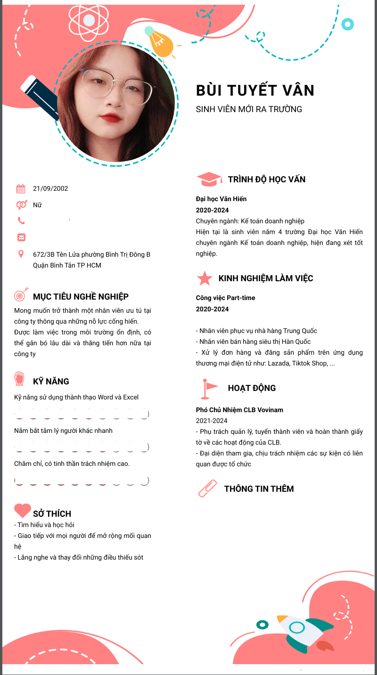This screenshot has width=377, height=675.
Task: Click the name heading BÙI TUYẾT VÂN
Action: pos(255,90)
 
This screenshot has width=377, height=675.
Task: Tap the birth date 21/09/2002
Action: pos(50,188)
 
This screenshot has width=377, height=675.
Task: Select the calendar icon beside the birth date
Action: pos(21,189)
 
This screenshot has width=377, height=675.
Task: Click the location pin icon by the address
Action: pos(21,254)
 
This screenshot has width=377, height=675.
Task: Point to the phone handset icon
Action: pos(21,220)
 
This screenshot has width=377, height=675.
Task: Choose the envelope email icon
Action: pos(21,237)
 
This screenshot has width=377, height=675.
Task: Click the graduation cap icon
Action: pos(209,179)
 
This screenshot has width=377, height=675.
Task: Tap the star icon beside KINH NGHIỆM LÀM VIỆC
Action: pos(205,278)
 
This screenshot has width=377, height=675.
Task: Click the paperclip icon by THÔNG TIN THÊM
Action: pos(207,488)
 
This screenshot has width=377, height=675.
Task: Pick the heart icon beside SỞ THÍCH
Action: pos(22,510)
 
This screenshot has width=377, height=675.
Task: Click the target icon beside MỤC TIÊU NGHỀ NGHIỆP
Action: pos(21,295)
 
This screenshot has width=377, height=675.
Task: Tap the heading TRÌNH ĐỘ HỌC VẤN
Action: pos(266,179)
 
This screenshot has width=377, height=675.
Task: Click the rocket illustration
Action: pos(304,630)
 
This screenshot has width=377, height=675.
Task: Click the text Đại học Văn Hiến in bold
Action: pos(221,199)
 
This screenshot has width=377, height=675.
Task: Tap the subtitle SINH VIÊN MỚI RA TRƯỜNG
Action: pos(249,109)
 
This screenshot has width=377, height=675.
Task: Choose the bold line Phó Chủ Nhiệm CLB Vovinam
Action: pos(239,410)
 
